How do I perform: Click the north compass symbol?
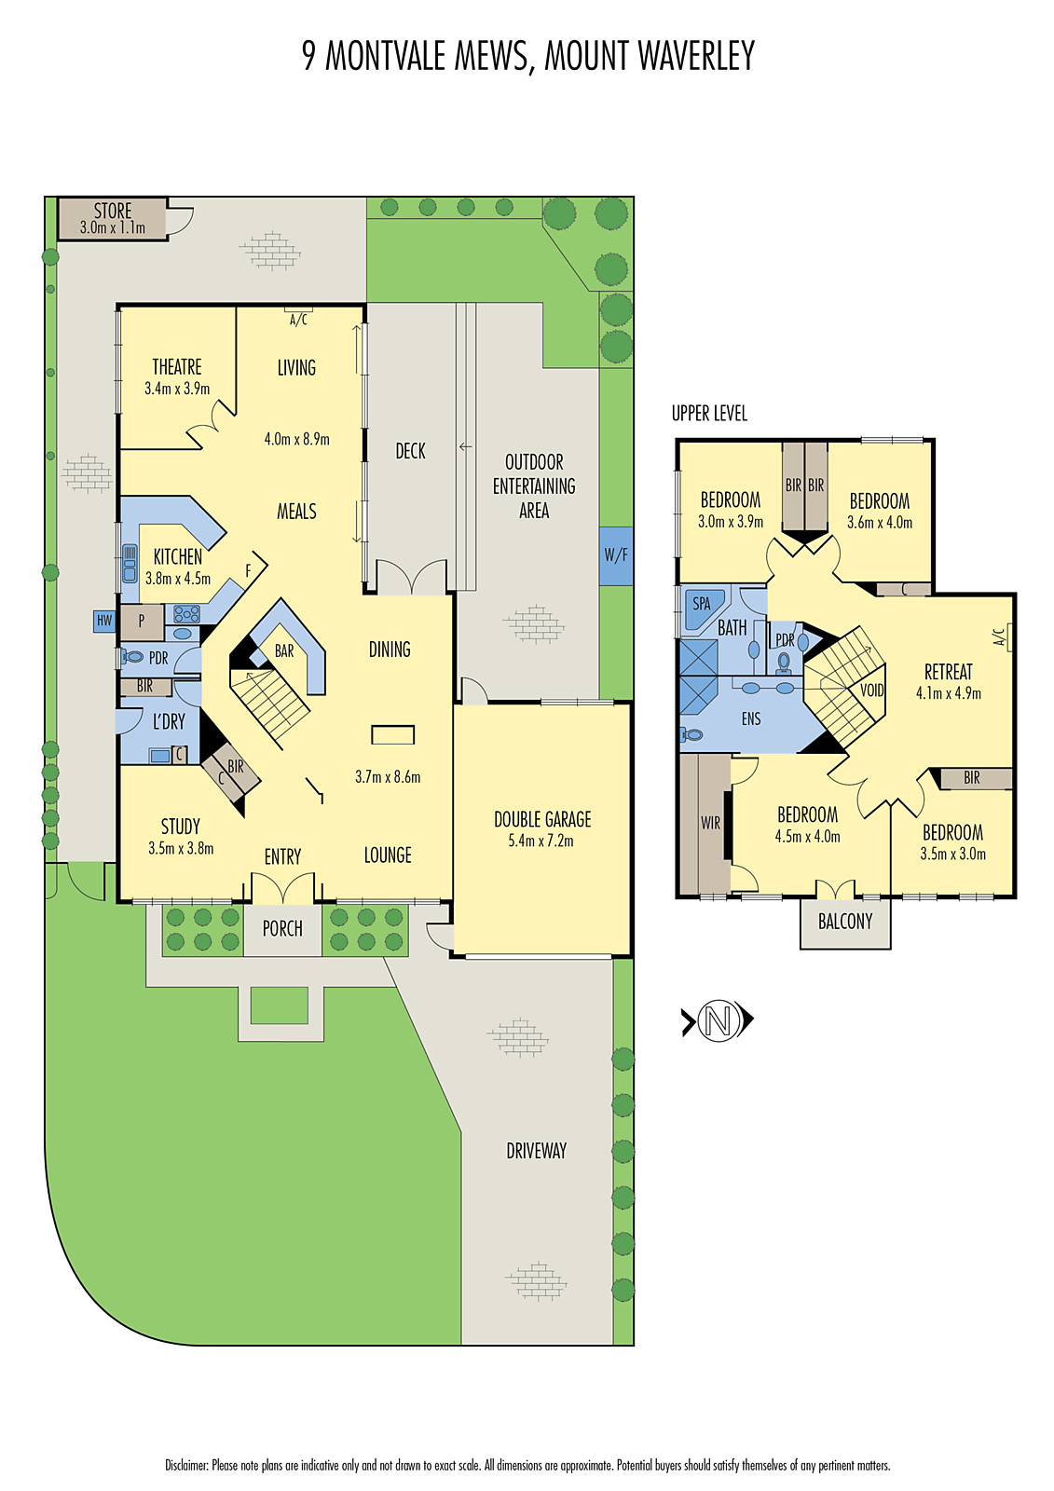717,1019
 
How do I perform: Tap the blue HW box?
104,621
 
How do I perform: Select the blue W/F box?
616,555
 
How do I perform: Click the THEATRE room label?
176,367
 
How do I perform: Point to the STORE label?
113,211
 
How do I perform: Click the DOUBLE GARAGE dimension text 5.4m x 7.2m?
541,841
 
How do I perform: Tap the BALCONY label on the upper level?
845,922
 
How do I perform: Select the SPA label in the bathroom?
702,604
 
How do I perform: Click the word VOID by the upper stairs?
871,691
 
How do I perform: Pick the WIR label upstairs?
710,823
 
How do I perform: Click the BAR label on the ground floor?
284,651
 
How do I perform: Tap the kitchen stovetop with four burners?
187,613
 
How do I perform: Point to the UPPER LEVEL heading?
709,414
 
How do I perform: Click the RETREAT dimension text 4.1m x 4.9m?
948,693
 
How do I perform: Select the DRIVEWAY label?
536,1150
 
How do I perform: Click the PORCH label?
282,928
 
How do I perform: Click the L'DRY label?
169,721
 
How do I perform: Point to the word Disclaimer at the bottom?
187,1465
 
